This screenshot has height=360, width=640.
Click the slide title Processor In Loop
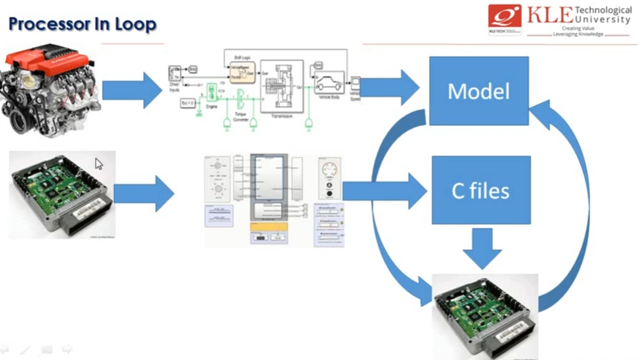click(x=82, y=24)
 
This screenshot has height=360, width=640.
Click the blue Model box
click(x=479, y=91)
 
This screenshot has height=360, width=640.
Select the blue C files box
click(x=481, y=190)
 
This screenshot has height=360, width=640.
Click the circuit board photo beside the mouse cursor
click(x=62, y=194)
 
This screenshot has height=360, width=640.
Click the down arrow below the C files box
click(x=482, y=248)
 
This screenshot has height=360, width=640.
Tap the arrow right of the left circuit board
click(x=144, y=194)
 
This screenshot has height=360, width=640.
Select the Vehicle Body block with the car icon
click(x=329, y=83)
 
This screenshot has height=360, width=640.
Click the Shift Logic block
click(x=242, y=72)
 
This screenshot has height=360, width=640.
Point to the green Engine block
click(x=212, y=93)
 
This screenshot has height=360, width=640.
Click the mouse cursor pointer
click(x=99, y=163)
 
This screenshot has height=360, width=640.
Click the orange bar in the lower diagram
click(x=269, y=227)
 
